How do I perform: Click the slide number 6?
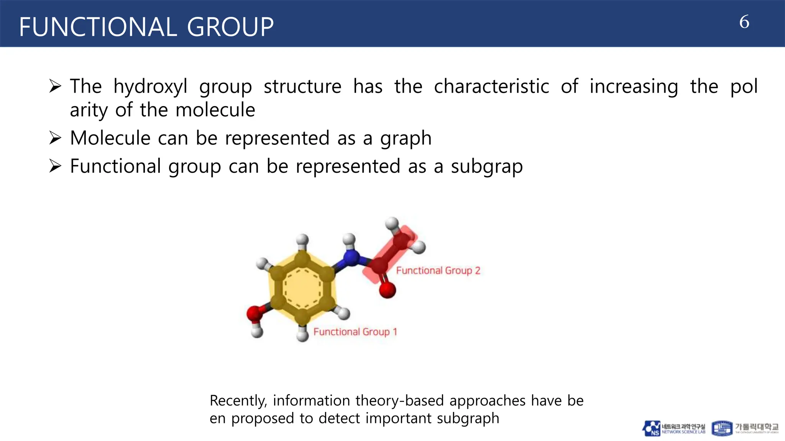tap(744, 22)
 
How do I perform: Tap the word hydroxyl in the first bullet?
tap(150, 87)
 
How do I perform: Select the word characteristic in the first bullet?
tap(491, 87)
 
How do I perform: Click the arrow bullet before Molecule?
tap(55, 138)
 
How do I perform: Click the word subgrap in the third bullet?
tap(486, 167)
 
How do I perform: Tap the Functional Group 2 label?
tap(438, 271)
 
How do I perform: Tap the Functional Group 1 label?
tap(355, 332)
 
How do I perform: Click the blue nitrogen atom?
tap(351, 258)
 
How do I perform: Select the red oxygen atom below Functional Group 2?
tap(387, 290)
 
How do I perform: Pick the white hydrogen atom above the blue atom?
tap(349, 239)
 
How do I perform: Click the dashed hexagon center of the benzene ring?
tap(302, 288)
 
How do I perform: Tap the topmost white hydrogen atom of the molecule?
tap(392, 223)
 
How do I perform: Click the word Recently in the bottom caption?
tap(238, 401)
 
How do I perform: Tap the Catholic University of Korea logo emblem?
tap(722, 428)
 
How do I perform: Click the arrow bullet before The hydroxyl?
tap(55, 86)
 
